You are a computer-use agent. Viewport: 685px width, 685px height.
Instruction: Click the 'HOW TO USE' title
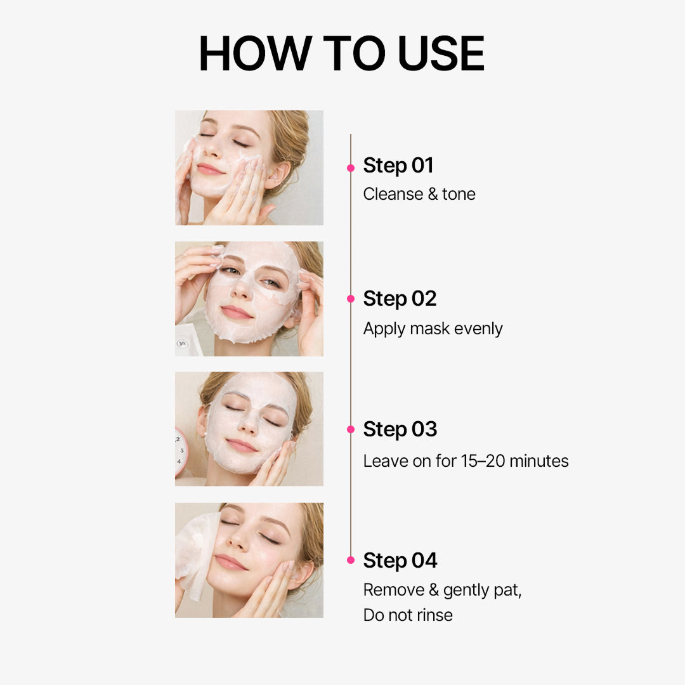pos(342,54)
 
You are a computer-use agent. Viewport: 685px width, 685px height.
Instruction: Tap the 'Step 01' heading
pos(398,166)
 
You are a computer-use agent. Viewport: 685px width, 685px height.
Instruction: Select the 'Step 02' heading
pos(400,299)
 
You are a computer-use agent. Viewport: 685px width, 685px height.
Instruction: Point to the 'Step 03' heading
pos(400,429)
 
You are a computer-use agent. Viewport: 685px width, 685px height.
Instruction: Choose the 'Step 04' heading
pos(400,561)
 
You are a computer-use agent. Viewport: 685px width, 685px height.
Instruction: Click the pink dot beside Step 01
pos(351,168)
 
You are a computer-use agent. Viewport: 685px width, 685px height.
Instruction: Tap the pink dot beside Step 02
pos(351,299)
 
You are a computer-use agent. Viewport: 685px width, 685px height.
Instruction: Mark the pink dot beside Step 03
pos(351,429)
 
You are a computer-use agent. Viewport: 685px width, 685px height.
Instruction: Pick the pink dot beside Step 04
pos(351,561)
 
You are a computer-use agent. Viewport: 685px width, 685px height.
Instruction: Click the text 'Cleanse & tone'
pos(419,194)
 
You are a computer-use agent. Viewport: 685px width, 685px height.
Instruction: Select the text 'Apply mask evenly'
pos(433,329)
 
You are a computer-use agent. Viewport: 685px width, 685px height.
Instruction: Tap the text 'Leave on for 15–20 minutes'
pos(466,461)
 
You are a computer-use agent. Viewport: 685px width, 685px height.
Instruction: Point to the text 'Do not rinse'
pos(408,615)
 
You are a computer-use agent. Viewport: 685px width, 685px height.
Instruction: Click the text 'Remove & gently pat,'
pos(442,590)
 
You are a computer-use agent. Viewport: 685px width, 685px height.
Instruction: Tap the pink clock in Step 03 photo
pos(181,451)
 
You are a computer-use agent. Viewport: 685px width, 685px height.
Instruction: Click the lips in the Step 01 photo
pos(211,169)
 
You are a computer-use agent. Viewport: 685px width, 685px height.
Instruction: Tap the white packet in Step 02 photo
pos(188,341)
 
